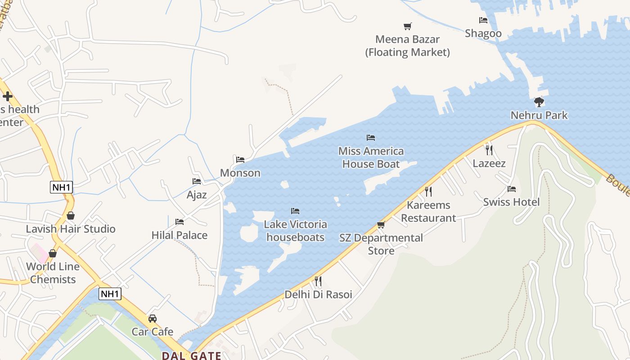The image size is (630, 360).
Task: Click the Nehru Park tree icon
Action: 539,102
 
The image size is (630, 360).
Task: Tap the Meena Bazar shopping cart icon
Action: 407,26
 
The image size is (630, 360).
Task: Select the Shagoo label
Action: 483,33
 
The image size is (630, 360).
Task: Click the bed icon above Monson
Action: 240,159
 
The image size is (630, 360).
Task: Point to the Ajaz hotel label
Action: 197,194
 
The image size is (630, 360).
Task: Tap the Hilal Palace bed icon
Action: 180,221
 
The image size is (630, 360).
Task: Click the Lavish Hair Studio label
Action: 71,229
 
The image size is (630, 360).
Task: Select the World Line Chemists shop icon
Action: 53,253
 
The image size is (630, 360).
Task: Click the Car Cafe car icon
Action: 153,318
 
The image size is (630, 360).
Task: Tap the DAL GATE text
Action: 191,355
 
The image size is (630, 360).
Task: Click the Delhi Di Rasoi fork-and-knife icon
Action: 318,281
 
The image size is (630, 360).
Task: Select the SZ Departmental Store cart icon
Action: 381,225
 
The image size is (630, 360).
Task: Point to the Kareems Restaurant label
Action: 428,211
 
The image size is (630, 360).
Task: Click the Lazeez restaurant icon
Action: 489,150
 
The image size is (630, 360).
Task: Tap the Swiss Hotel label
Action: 511,202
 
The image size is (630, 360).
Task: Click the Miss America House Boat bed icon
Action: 371,137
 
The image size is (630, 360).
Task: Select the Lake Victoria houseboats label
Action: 295,230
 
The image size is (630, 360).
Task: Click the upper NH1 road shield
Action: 61,187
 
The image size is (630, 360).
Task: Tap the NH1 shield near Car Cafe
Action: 110,294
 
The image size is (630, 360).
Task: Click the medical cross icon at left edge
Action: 7,96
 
